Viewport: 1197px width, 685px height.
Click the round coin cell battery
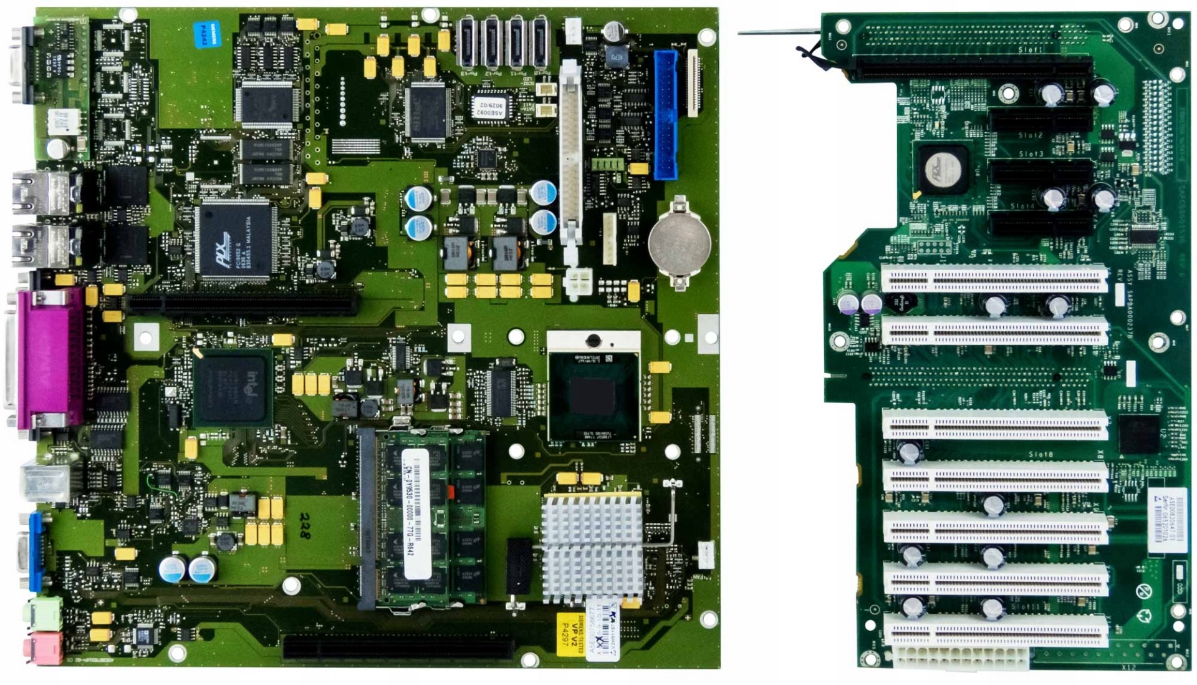click(679, 243)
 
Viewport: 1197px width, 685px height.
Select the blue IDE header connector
click(666, 115)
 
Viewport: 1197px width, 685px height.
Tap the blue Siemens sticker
click(208, 35)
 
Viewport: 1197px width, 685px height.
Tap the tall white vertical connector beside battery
click(570, 156)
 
